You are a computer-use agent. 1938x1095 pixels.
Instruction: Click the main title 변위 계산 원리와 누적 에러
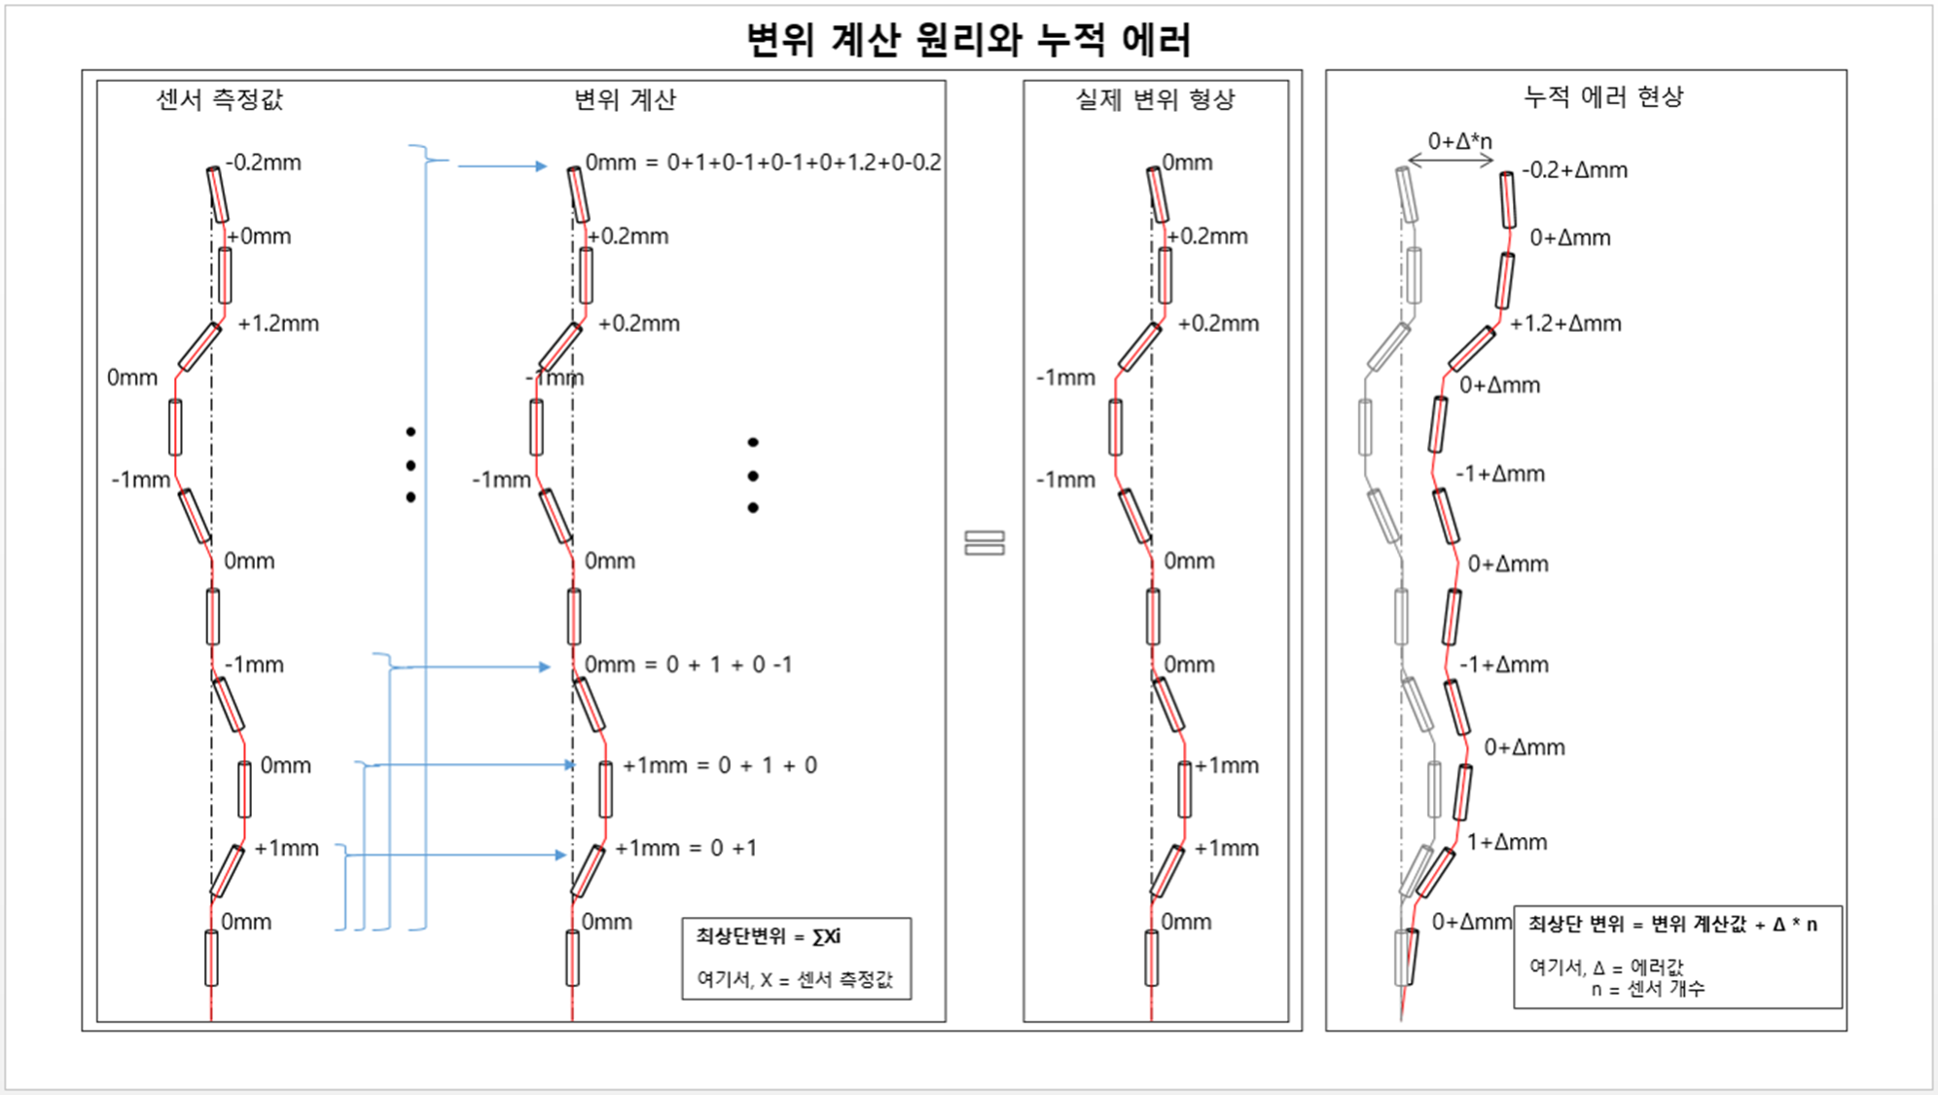pos(968,40)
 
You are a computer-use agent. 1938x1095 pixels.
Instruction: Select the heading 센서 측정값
pos(220,99)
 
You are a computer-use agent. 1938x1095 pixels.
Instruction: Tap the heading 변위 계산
pos(625,99)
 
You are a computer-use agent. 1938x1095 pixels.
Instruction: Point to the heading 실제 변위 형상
pos(1155,99)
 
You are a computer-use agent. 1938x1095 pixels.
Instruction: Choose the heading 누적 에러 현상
pos(1603,96)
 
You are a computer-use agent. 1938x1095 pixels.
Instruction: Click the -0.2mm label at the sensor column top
pos(264,163)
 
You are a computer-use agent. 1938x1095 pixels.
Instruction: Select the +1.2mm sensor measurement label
pos(278,323)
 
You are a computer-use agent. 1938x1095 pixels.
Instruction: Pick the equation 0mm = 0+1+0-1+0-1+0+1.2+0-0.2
pos(763,163)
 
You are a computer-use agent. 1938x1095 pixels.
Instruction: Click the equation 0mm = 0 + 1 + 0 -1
pos(688,665)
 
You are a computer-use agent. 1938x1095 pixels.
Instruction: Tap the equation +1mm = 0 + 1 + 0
pos(720,765)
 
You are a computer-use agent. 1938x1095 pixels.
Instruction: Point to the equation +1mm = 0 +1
pos(686,848)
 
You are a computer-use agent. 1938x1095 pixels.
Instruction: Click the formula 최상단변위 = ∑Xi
pos(769,936)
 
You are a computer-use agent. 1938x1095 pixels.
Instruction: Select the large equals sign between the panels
pos(985,543)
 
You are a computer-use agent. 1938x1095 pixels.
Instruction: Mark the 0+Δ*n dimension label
pos(1459,141)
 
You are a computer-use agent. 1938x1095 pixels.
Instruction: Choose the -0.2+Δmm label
pos(1574,170)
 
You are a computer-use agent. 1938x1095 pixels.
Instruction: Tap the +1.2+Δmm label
pos(1565,323)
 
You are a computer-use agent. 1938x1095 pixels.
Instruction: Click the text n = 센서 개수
pos(1648,989)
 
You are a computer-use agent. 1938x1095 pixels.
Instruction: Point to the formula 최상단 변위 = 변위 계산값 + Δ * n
pos(1672,924)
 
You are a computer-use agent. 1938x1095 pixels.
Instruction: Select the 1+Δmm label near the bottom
pos(1507,842)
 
